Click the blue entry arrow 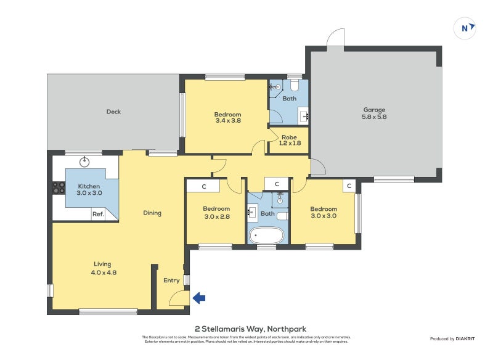(199, 298)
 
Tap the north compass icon (465, 28)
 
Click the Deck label (113, 112)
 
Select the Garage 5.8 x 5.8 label (374, 113)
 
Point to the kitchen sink (85, 162)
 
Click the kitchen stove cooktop (59, 187)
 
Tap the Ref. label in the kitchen (97, 215)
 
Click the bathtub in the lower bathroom (266, 235)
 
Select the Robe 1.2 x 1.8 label (289, 141)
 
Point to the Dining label (152, 213)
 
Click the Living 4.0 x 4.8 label (103, 268)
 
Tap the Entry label (171, 280)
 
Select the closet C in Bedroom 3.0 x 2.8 (205, 186)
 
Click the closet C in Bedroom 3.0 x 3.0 (348, 186)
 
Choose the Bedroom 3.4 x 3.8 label (227, 117)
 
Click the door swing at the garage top (335, 39)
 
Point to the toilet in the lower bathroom (282, 216)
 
